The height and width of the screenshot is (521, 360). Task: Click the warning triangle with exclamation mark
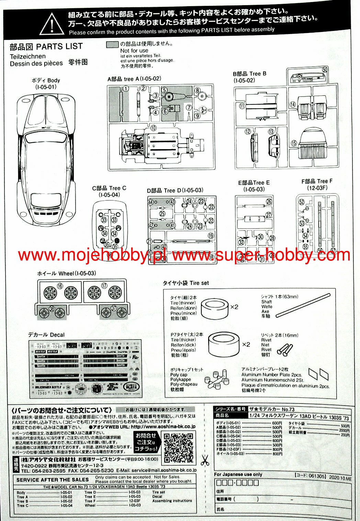click(x=52, y=24)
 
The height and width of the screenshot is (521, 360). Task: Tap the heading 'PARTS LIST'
click(x=59, y=46)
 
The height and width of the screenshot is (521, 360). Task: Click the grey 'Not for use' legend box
click(x=112, y=45)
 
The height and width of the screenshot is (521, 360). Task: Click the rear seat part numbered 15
click(x=312, y=143)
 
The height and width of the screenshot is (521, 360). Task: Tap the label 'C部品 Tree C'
click(x=109, y=188)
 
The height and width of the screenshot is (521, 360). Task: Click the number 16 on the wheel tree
click(x=60, y=286)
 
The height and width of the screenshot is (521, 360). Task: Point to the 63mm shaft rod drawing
click(x=303, y=304)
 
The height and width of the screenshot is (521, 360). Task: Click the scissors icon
click(x=205, y=460)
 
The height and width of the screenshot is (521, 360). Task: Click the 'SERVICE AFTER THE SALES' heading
click(x=53, y=480)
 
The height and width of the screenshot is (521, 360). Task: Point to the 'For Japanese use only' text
click(x=238, y=475)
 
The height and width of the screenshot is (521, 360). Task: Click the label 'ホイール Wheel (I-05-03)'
click(x=67, y=274)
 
